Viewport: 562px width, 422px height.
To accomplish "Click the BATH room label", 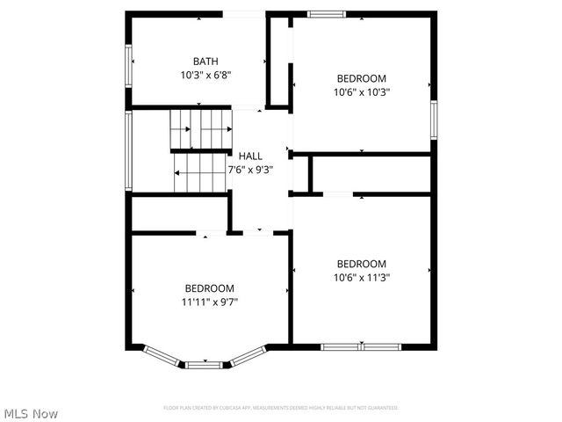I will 205,62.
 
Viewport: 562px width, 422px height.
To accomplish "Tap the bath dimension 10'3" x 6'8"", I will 205,76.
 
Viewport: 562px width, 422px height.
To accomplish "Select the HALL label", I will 250,156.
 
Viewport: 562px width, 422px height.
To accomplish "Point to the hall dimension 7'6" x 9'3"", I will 250,170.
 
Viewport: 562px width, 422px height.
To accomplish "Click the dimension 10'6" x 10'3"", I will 362,91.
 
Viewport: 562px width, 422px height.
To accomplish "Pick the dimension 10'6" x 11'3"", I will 362,277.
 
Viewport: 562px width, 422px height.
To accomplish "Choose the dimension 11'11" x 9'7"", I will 209,302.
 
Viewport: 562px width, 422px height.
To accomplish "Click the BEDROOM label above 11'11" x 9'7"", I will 209,287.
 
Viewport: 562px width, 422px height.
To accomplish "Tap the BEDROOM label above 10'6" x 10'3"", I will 362,76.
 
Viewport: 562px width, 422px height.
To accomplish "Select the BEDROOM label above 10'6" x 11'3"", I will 362,263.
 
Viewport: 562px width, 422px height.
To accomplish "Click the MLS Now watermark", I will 31,413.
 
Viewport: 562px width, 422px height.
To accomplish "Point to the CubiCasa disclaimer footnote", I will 281,408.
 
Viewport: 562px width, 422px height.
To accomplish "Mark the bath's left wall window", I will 129,66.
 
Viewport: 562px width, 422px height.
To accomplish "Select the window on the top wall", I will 327,14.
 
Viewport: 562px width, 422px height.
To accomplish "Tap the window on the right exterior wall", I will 434,119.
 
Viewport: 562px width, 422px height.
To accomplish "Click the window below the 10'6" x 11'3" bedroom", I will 360,346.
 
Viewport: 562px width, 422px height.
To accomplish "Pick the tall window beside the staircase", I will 129,150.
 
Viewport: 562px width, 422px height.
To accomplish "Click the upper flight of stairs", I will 201,129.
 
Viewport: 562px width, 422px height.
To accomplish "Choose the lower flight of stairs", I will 200,173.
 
